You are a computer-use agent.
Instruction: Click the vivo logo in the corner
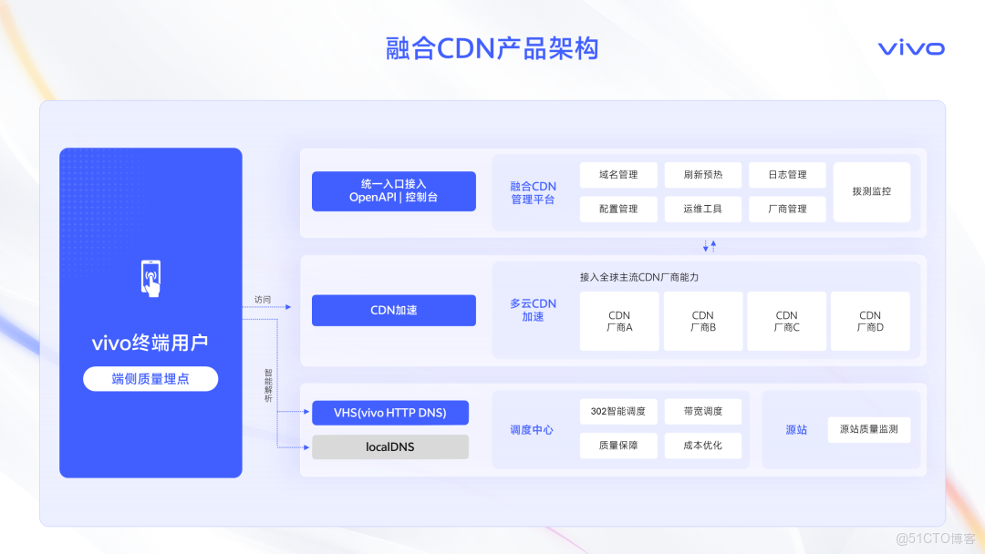coord(911,48)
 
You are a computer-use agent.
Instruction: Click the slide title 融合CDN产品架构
coord(493,48)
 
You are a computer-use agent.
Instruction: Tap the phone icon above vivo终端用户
coord(150,278)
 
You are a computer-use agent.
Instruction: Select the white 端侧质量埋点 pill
coord(150,378)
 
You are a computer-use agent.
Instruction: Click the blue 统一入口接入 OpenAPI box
coord(393,190)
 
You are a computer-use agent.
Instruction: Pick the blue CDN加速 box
coord(393,310)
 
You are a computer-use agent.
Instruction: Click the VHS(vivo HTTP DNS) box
coord(390,413)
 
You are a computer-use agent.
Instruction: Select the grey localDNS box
coord(390,446)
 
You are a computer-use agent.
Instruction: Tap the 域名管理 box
coord(618,175)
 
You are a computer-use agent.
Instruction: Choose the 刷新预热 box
coord(702,175)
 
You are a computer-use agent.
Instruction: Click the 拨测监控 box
coord(871,191)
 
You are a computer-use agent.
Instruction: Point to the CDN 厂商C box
coord(786,321)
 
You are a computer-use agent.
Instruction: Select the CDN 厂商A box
coord(619,321)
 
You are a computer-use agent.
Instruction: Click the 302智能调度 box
coord(618,412)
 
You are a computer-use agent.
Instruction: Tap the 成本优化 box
coord(702,446)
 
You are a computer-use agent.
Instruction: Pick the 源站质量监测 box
coord(868,429)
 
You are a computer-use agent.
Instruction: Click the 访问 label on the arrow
coord(263,299)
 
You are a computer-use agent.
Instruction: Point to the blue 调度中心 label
coord(532,429)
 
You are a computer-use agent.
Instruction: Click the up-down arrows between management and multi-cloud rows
coord(710,246)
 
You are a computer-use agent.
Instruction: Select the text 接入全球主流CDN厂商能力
coord(638,276)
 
